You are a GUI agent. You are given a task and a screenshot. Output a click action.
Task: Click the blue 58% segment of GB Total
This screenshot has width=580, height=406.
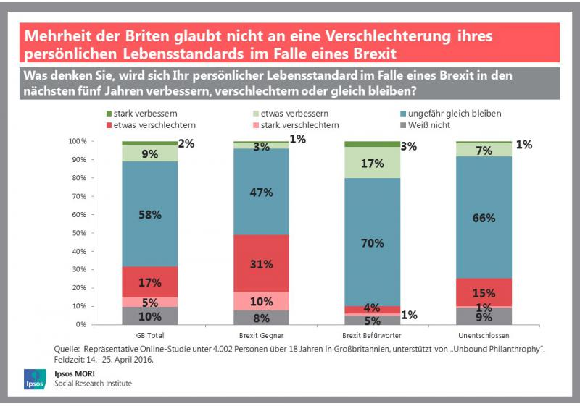point(150,213)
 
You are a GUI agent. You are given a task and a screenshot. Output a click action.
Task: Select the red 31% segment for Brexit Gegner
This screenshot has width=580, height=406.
point(261,263)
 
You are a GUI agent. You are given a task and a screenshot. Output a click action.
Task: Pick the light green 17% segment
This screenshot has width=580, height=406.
point(373,163)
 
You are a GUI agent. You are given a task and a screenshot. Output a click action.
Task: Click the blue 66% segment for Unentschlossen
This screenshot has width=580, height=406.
point(484,217)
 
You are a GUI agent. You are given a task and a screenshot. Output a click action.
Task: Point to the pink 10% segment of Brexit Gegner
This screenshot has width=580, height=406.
point(261,301)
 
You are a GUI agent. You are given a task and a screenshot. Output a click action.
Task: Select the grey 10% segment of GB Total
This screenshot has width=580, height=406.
point(150,316)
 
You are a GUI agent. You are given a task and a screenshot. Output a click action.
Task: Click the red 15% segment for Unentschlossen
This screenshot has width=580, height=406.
point(484,292)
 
